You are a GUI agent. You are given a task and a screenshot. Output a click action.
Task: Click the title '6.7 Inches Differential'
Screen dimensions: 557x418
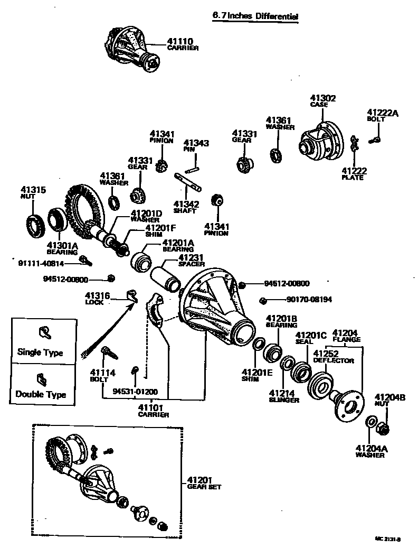[x=255, y=16]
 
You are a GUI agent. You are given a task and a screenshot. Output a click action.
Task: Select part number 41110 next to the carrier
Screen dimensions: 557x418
[x=180, y=42]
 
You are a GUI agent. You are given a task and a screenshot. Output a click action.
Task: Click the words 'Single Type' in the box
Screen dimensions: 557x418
[x=40, y=352]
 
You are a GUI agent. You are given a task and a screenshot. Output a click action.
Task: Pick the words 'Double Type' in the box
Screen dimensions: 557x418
[x=41, y=394]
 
